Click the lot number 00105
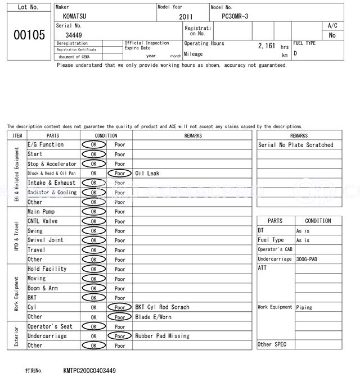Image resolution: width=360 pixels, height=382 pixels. (x=29, y=35)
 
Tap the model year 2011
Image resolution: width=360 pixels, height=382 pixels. (x=186, y=17)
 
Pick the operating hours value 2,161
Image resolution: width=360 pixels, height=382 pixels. (x=266, y=46)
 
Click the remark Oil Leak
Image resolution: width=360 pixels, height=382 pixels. (x=147, y=174)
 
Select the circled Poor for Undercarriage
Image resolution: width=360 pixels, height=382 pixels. (x=119, y=336)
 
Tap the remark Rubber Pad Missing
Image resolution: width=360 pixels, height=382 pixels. (x=162, y=336)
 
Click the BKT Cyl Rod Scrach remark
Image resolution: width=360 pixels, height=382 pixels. (x=162, y=307)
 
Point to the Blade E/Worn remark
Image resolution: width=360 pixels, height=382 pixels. (x=154, y=317)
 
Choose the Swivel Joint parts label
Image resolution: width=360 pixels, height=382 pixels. (x=46, y=240)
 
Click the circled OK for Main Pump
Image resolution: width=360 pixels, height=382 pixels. (x=93, y=212)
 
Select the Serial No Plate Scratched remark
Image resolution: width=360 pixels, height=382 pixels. (x=296, y=145)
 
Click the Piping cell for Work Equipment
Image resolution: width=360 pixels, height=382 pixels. (x=304, y=307)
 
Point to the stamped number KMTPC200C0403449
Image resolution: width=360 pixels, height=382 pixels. (x=90, y=371)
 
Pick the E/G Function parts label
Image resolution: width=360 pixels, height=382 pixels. (x=46, y=145)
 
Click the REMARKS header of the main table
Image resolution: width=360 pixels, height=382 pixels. (x=192, y=135)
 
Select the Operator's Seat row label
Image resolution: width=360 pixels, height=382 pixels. (x=50, y=326)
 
